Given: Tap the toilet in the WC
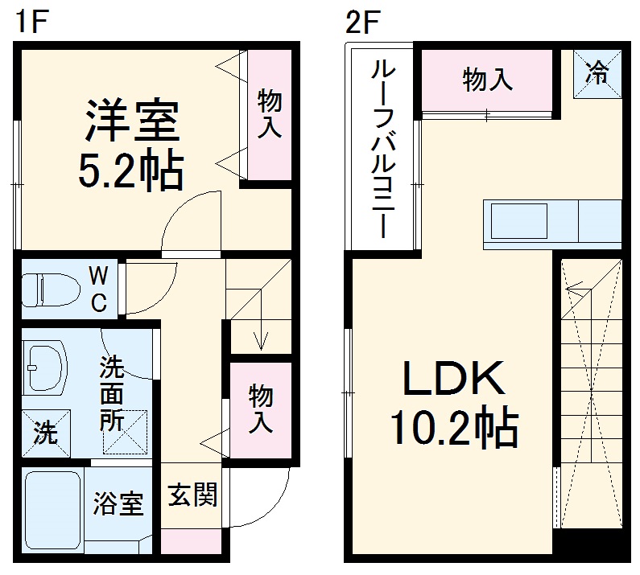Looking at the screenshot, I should [x=48, y=287].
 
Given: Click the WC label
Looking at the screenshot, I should [x=97, y=288].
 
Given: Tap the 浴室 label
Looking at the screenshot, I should [x=118, y=504].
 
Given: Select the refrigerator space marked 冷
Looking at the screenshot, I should [x=597, y=75].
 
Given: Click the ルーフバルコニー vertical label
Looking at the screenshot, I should [x=381, y=149].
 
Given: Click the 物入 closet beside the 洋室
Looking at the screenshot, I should [x=268, y=115].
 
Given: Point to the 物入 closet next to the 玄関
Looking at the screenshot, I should [x=259, y=409].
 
